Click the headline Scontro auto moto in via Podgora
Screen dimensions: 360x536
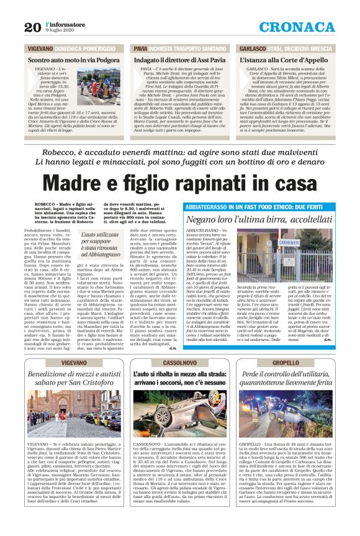tap(73, 60)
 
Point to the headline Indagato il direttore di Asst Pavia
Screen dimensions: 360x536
tap(179, 60)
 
